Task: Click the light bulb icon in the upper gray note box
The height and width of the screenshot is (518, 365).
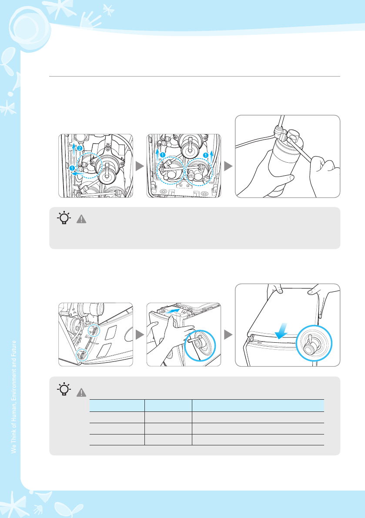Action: tap(64, 218)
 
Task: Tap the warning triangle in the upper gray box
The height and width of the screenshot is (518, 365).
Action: tap(81, 219)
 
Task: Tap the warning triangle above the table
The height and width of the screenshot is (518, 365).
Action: tap(81, 392)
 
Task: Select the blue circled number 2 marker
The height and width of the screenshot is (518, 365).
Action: tap(80, 148)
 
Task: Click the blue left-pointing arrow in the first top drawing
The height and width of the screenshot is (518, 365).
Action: tap(79, 173)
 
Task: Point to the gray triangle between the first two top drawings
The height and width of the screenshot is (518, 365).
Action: tap(140, 166)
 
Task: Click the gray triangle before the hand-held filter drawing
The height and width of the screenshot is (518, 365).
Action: tap(228, 166)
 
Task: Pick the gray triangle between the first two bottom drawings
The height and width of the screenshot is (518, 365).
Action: tap(140, 334)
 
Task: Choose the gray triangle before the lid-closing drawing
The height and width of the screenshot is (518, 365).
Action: tap(228, 334)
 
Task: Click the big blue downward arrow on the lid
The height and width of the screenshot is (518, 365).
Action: tap(281, 331)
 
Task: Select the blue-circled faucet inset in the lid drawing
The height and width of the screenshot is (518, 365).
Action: tap(314, 343)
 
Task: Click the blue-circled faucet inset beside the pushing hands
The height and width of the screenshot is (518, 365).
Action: tap(200, 346)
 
